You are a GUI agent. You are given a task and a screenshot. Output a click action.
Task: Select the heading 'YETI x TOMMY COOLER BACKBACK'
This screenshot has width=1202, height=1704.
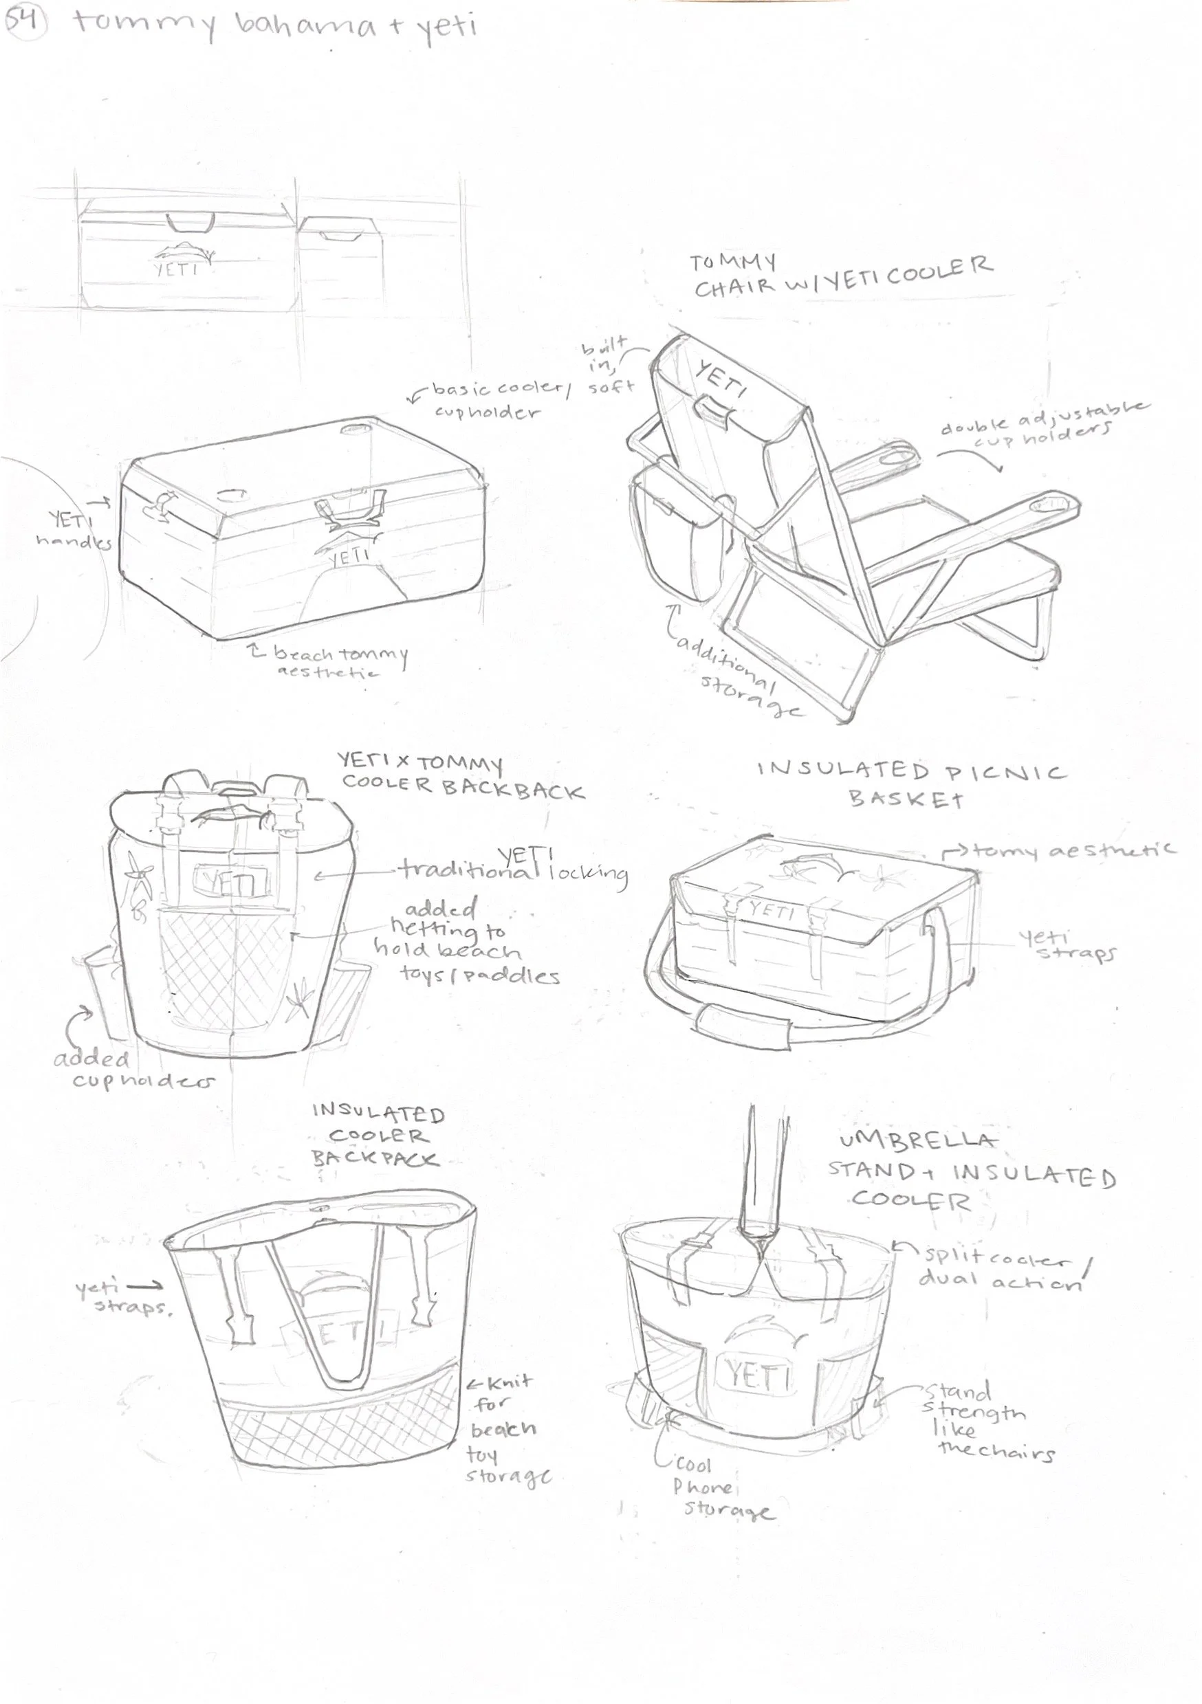pos(460,776)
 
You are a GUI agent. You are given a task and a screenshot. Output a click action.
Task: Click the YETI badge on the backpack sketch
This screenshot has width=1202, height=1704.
pos(232,883)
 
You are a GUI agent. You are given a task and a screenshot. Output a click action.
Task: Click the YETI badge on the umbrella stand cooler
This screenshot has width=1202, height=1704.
pos(755,1377)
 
